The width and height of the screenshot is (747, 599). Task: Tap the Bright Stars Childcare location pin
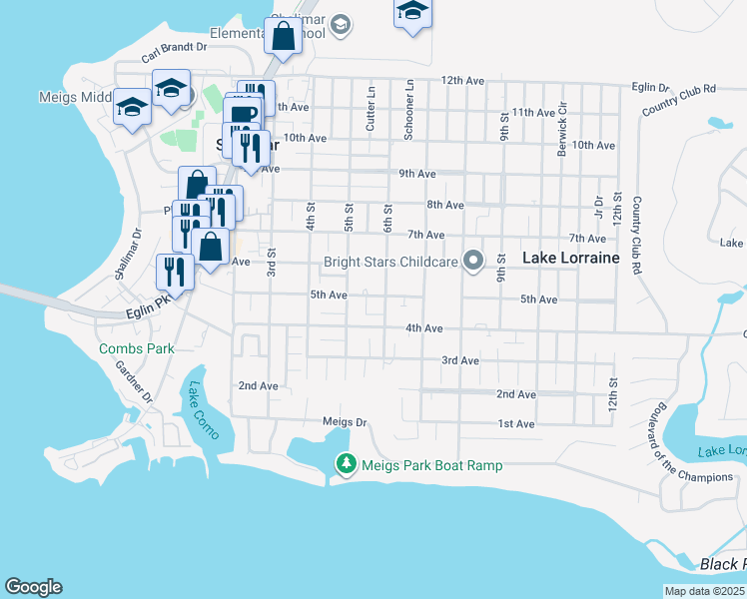click(x=474, y=262)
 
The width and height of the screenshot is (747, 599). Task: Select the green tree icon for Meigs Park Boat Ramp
click(x=346, y=463)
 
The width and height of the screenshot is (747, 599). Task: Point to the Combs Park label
click(x=137, y=348)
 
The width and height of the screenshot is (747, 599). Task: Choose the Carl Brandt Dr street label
click(x=174, y=47)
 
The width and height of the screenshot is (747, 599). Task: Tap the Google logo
click(x=33, y=587)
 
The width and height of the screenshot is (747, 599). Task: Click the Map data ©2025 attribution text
click(x=705, y=591)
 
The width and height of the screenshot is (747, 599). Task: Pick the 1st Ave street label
click(x=517, y=423)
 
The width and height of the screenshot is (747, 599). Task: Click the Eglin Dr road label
click(x=651, y=88)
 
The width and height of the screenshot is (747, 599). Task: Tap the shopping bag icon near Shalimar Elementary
click(x=284, y=37)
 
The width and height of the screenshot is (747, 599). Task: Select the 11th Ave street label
click(x=532, y=112)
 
